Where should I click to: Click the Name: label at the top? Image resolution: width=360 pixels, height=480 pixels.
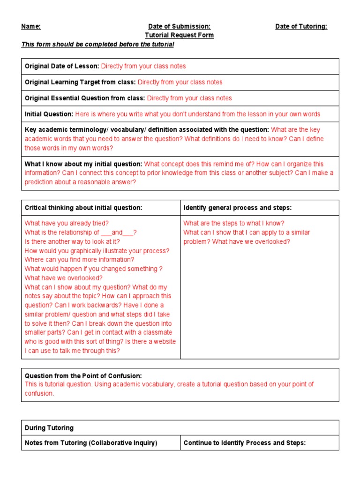(31, 27)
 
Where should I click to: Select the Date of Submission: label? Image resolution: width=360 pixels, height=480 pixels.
(179, 27)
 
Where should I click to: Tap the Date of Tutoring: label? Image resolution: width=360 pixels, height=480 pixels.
(301, 27)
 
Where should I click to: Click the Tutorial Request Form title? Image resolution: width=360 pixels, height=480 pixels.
(179, 35)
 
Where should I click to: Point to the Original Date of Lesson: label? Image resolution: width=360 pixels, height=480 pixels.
(62, 67)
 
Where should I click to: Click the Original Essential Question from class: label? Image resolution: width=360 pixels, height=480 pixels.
(85, 98)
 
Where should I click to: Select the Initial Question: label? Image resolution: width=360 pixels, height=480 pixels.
(49, 114)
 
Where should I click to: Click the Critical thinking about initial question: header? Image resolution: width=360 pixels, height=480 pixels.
(83, 208)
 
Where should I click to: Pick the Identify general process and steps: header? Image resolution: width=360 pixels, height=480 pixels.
(237, 208)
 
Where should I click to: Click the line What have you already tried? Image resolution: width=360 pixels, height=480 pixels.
(67, 224)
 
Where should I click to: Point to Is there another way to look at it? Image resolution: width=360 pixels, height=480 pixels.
(73, 242)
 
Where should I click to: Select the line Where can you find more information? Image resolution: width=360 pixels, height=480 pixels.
(79, 260)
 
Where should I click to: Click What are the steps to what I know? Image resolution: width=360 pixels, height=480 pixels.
(234, 224)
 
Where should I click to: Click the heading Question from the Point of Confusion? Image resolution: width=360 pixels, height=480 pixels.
(83, 376)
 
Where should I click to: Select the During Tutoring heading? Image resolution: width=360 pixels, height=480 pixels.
(49, 428)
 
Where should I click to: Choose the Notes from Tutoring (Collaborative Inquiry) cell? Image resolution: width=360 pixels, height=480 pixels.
(91, 443)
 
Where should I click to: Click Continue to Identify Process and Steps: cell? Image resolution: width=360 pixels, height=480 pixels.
(244, 443)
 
